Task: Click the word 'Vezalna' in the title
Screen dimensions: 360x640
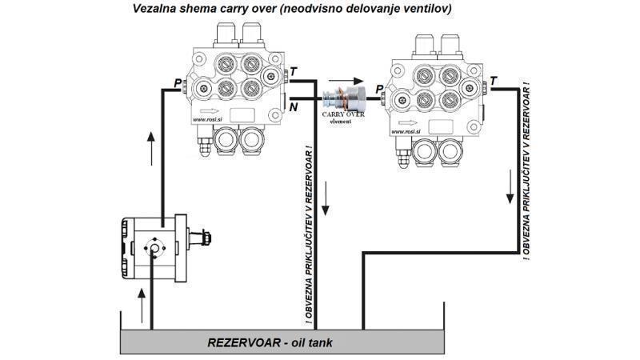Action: click(x=156, y=9)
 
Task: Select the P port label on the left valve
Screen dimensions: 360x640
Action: click(x=178, y=82)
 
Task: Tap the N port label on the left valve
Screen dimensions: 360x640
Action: click(x=294, y=107)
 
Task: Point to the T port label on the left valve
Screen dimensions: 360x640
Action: click(x=294, y=72)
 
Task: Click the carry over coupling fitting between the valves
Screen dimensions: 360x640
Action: click(x=342, y=100)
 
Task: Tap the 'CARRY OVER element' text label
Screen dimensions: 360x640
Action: click(x=343, y=118)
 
